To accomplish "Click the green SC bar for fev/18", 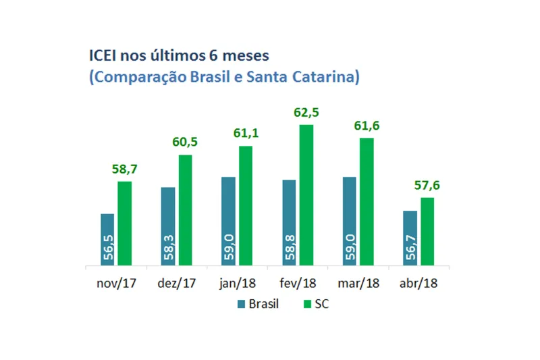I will pyautogui.click(x=306, y=195).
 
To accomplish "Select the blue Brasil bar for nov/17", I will pyautogui.click(x=107, y=240).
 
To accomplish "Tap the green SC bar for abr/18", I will pyautogui.click(x=427, y=232).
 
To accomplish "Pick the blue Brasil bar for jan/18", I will pyautogui.click(x=228, y=222).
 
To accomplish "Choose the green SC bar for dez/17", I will pyautogui.click(x=185, y=210).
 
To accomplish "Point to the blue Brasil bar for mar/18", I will pyautogui.click(x=350, y=222).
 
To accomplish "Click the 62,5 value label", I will pyautogui.click(x=306, y=113).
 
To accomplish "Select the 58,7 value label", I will pyautogui.click(x=125, y=170).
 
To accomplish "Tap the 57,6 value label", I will pyautogui.click(x=427, y=186).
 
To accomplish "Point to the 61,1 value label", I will pyautogui.click(x=246, y=134).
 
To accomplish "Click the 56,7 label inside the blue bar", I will pyautogui.click(x=410, y=249).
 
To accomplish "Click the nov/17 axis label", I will pyautogui.click(x=116, y=283).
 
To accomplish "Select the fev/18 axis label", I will pyautogui.click(x=298, y=283).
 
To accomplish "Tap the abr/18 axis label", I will pyautogui.click(x=418, y=283).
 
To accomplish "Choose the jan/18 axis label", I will pyautogui.click(x=237, y=283).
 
